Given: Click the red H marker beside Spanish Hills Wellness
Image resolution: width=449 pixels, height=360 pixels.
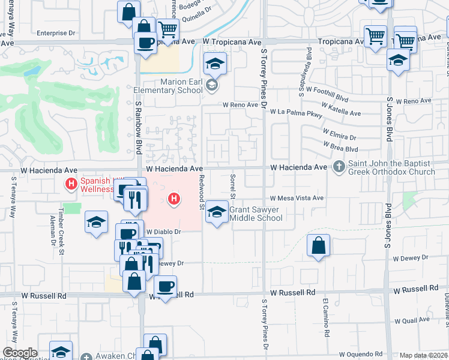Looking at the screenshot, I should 71,183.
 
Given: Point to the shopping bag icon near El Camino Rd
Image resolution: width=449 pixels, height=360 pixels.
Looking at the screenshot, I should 318,245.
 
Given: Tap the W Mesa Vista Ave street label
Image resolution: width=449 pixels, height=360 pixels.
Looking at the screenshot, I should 297,198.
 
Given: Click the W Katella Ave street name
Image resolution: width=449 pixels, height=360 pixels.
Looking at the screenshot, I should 341,109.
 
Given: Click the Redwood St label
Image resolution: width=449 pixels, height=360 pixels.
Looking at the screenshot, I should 202,191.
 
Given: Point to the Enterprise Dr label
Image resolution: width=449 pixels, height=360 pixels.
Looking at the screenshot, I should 58,33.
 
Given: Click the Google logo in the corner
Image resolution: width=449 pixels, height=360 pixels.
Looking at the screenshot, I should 20,353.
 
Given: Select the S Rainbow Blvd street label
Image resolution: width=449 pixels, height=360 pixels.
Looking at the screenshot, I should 137,127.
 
